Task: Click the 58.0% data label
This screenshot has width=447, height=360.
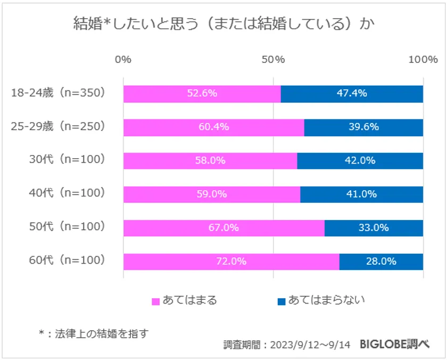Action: click(210, 160)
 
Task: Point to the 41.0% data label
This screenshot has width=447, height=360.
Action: click(361, 194)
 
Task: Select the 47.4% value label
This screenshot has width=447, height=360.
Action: click(352, 93)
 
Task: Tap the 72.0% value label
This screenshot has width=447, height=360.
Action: click(231, 261)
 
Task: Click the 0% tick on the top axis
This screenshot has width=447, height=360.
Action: click(123, 59)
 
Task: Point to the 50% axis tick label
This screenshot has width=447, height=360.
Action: click(273, 59)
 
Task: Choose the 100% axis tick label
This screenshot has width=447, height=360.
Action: click(423, 59)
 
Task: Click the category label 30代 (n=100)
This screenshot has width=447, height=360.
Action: click(67, 160)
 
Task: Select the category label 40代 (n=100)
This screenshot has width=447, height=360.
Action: click(67, 194)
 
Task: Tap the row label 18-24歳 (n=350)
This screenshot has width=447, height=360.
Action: click(59, 93)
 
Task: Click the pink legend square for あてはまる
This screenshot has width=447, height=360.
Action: click(156, 301)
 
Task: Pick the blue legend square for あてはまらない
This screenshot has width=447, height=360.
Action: click(282, 301)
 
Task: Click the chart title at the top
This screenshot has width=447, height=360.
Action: click(223, 24)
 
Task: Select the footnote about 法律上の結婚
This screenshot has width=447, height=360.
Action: click(93, 333)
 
